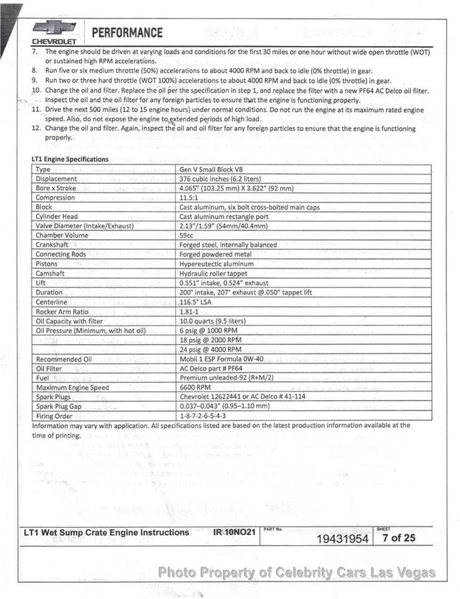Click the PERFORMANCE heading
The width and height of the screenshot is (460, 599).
(127, 32)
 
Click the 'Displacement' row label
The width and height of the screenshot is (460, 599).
(56, 179)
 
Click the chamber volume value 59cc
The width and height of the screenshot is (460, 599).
(187, 235)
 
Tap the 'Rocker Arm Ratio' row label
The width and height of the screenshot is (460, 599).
(62, 311)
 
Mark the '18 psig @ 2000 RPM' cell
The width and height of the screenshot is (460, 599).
(210, 339)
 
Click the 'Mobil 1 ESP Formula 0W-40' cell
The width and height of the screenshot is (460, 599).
(221, 358)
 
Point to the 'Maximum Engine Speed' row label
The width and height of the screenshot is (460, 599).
(72, 387)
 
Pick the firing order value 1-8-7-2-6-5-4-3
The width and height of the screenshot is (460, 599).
(203, 415)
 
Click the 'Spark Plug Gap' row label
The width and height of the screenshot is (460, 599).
(60, 406)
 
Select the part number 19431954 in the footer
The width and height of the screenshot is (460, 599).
(342, 539)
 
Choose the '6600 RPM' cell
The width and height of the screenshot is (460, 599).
(195, 387)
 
